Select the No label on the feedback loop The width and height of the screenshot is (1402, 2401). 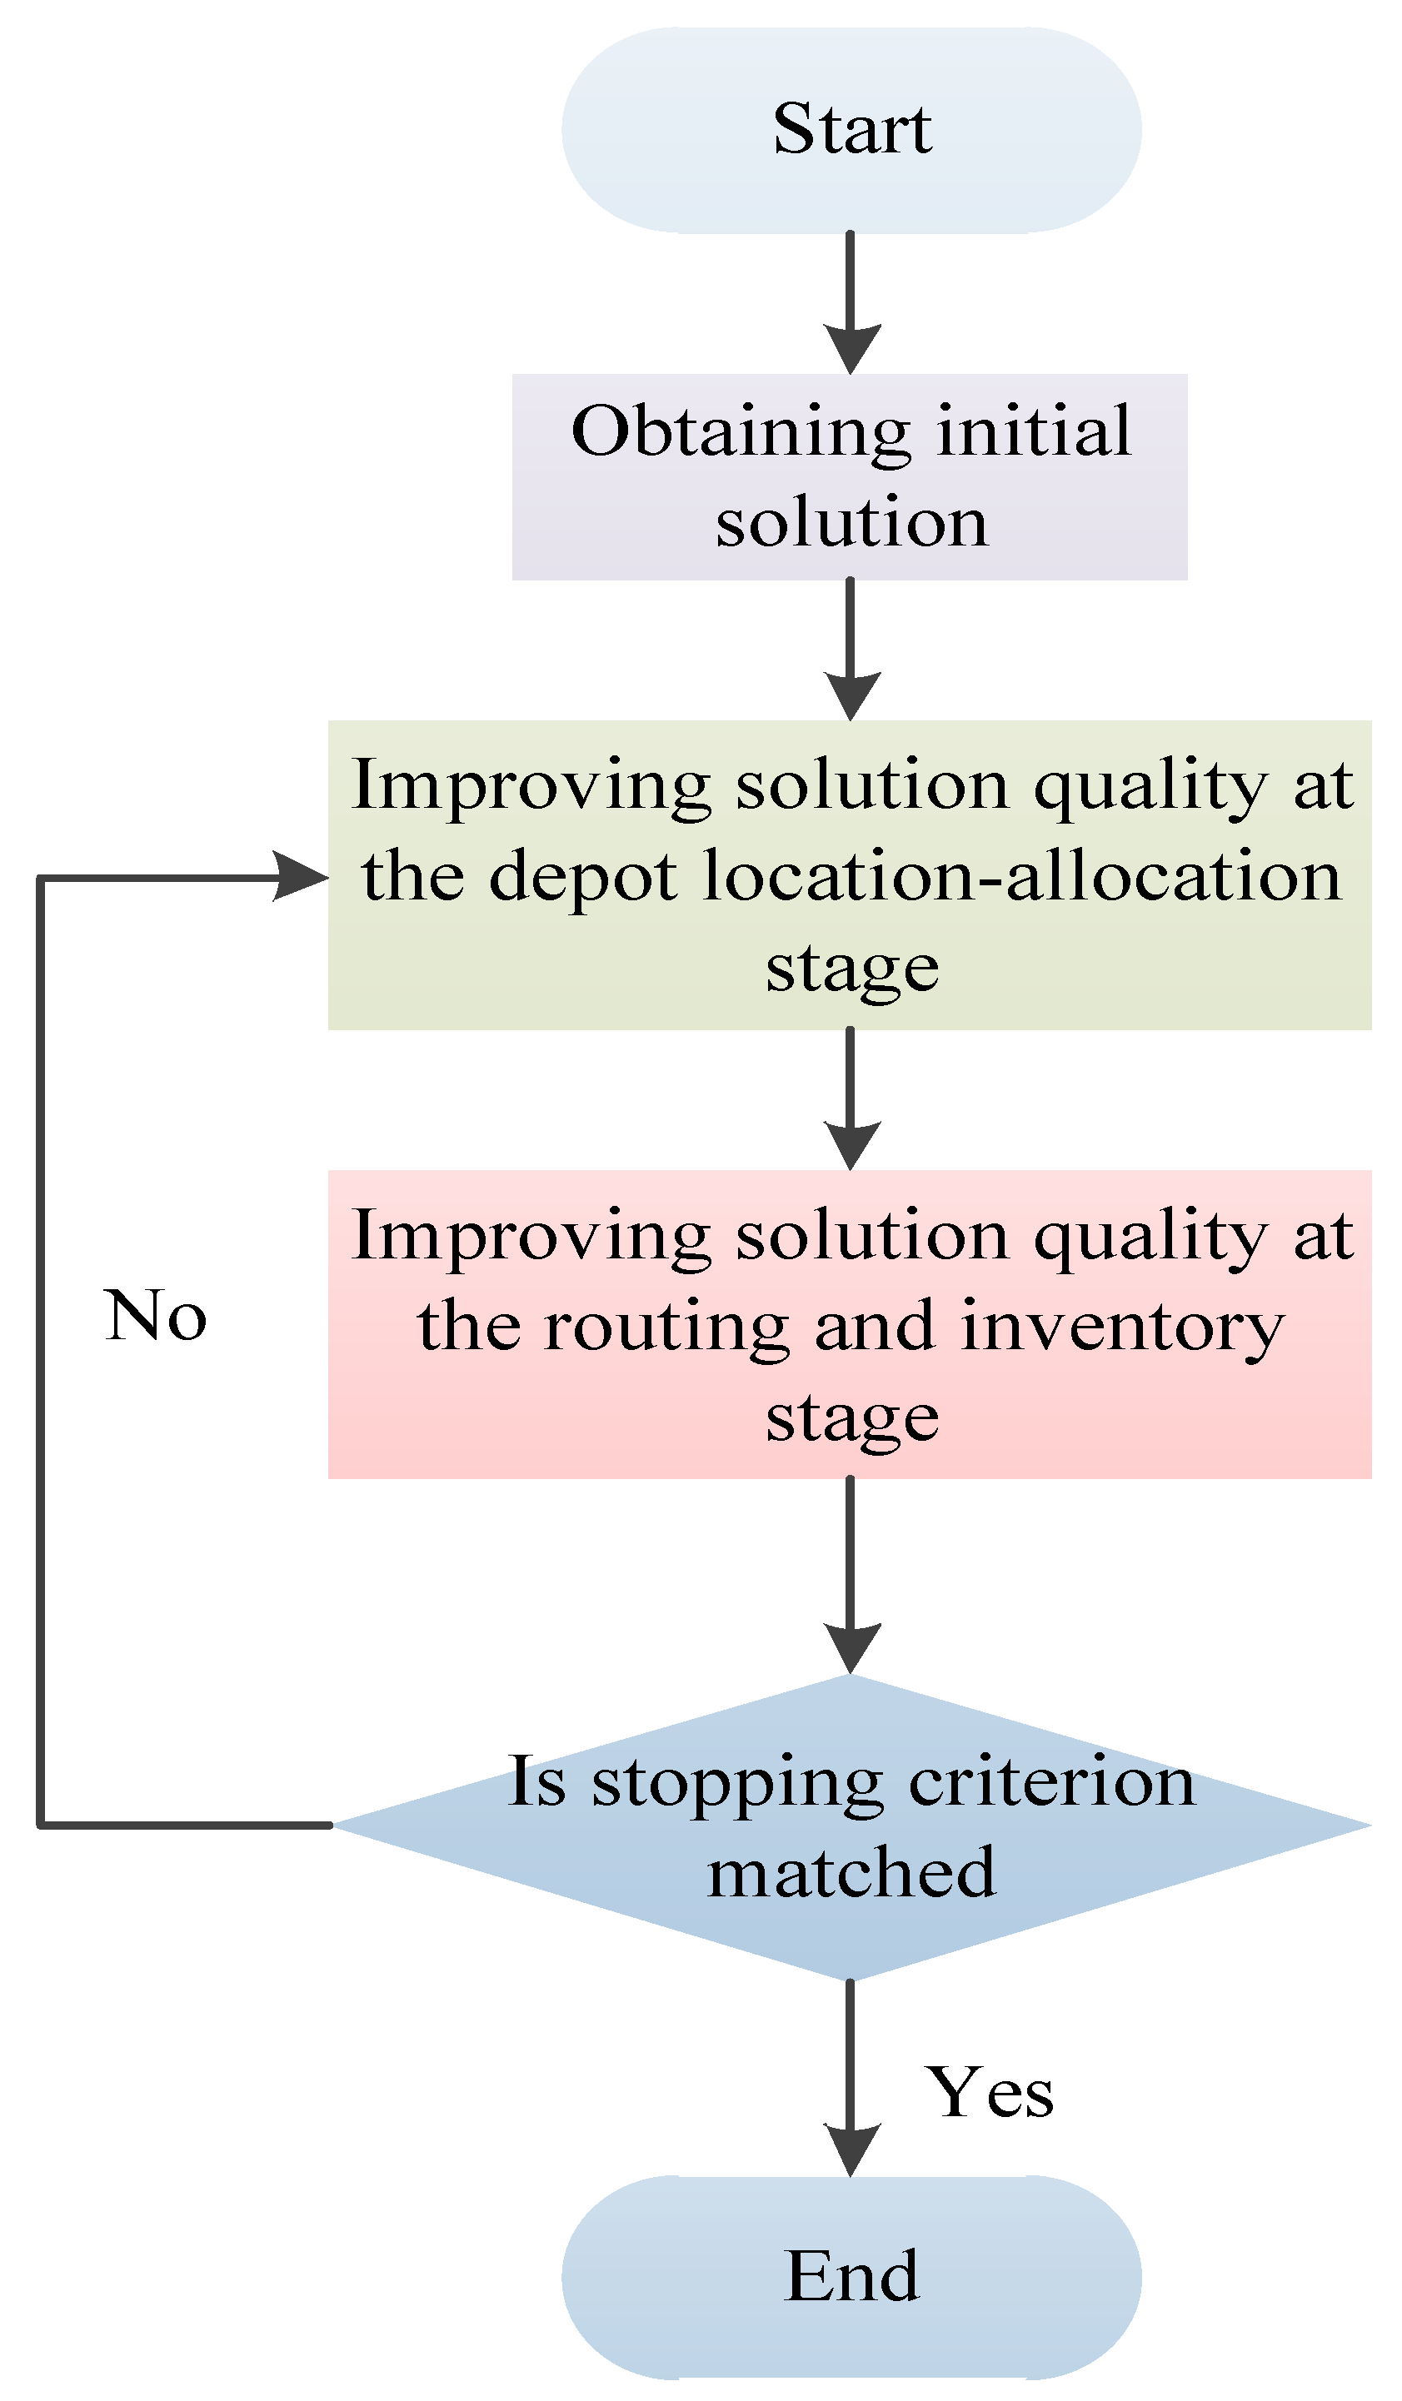[154, 1316]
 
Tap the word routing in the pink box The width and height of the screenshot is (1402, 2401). [666, 1327]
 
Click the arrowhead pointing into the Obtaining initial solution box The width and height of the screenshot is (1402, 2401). [851, 349]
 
